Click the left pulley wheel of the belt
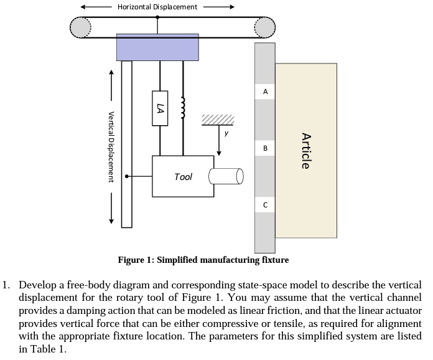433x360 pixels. pos(80,27)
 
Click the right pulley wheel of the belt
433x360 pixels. pos(264,27)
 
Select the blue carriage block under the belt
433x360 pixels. pos(157,47)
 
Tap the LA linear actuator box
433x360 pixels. pos(160,108)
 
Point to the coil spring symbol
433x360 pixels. pos(183,107)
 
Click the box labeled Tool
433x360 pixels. pos(183,177)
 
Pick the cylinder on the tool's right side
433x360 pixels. pos(226,176)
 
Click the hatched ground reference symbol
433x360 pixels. pos(218,120)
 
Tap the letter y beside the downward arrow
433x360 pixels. pos(226,133)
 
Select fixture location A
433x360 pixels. pos(265,92)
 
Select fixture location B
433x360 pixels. pos(265,148)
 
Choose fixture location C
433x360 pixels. pos(265,204)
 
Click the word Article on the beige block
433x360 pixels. pos(305,151)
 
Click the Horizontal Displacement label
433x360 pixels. pos(157,7)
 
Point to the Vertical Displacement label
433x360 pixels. pos(111,146)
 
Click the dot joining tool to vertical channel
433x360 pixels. pos(127,177)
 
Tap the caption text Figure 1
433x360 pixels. pos(137,260)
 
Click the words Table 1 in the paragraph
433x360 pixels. pos(51,349)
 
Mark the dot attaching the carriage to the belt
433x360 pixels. pos(157,17)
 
